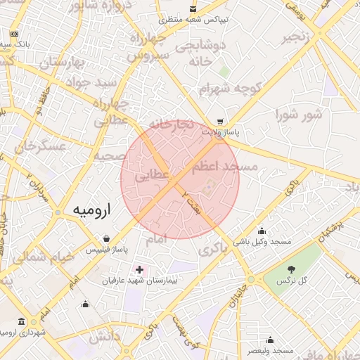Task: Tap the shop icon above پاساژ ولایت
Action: (x=221, y=121)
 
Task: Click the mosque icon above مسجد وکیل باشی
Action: (x=262, y=231)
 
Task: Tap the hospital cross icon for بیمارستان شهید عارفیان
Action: (x=139, y=269)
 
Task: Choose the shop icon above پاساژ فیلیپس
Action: (x=106, y=238)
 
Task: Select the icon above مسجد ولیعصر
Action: (x=270, y=340)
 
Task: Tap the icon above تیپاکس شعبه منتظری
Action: (x=193, y=10)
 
